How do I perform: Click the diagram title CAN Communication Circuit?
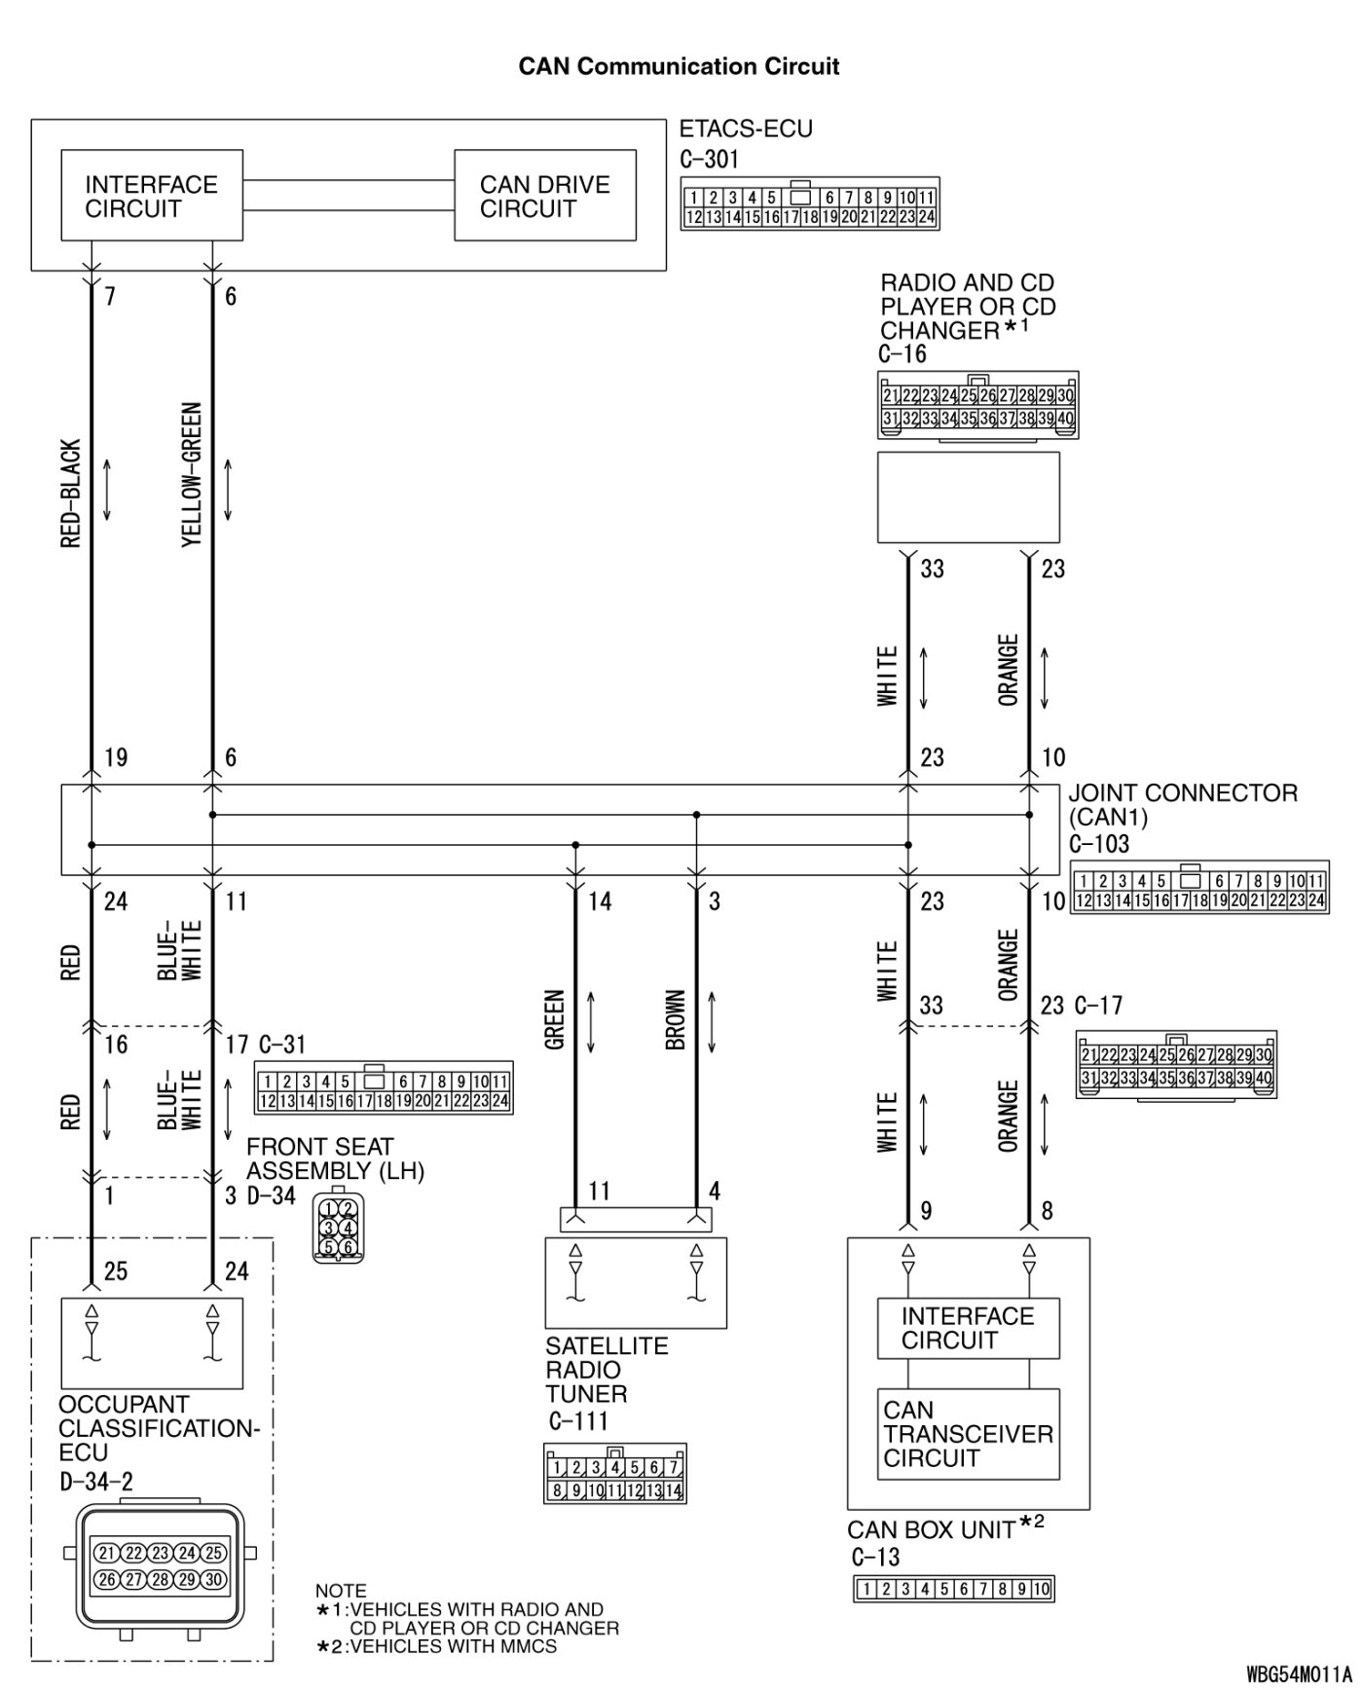679,66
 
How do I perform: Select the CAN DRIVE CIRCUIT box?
545,196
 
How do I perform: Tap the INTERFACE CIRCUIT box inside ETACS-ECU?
152,196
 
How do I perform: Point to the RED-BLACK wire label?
71,494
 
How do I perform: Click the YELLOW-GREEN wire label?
192,475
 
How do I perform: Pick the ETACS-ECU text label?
746,129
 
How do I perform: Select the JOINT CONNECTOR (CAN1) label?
1182,805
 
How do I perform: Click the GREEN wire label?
555,1019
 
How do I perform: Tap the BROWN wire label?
676,1020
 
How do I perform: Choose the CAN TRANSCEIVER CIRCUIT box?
968,1433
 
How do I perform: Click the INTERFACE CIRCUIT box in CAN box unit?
968,1328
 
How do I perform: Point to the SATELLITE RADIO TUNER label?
607,1370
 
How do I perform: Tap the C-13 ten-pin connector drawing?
953,1590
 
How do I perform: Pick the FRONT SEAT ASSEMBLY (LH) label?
335,1158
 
